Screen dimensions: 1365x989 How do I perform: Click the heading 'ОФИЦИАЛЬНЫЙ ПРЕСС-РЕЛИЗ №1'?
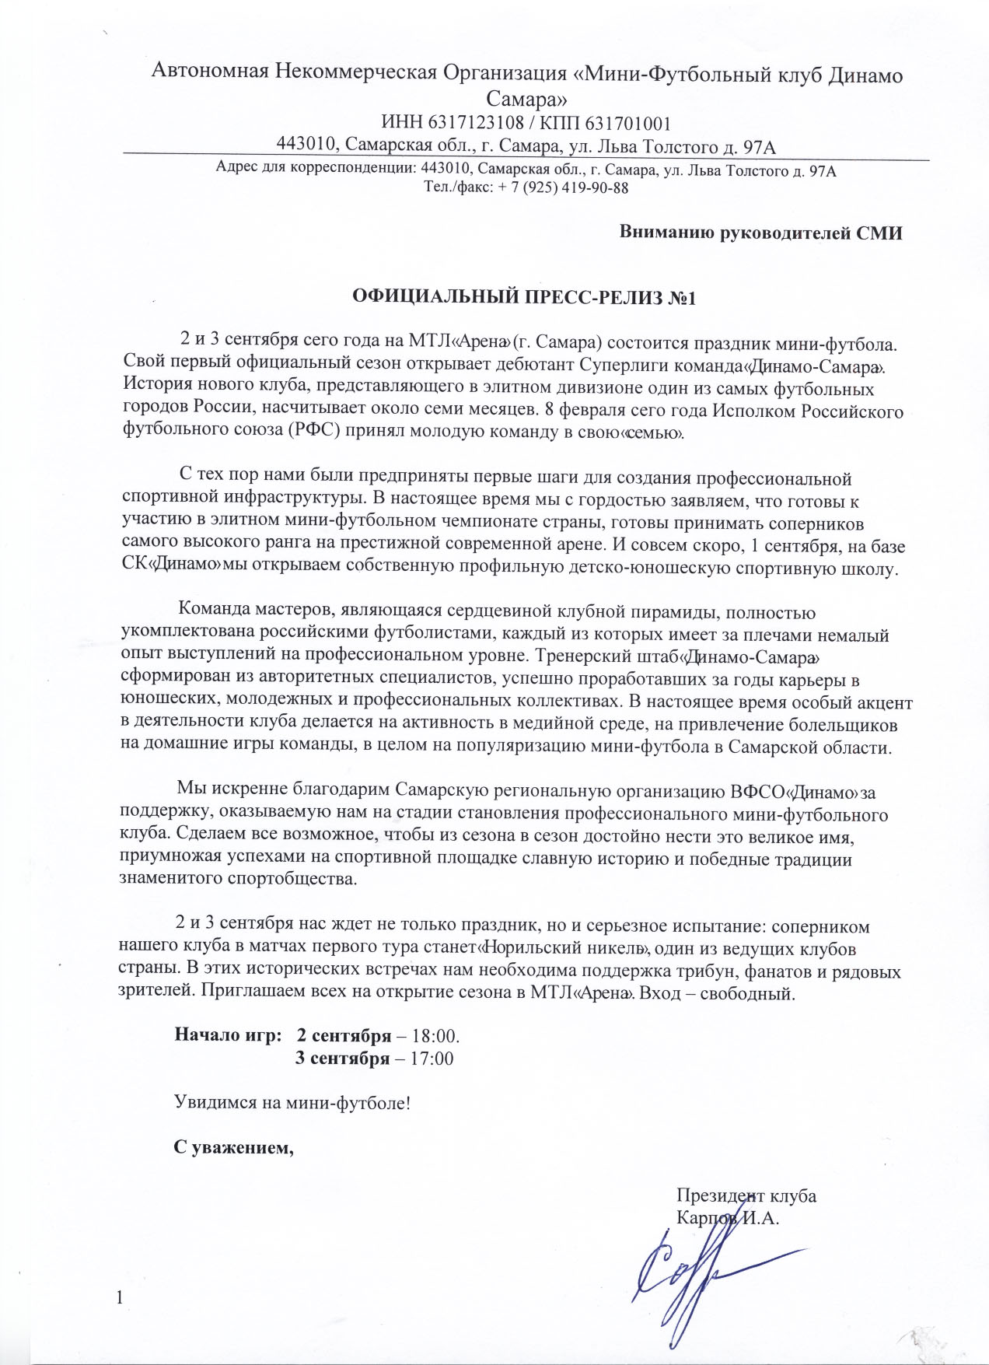pyautogui.click(x=523, y=297)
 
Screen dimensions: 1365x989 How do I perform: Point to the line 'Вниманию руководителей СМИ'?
pyautogui.click(x=760, y=233)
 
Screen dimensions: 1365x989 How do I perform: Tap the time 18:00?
pyautogui.click(x=434, y=1037)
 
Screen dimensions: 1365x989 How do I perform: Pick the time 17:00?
pyautogui.click(x=432, y=1059)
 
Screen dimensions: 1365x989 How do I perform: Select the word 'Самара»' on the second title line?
pyautogui.click(x=526, y=99)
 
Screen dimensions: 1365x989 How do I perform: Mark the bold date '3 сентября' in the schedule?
pyautogui.click(x=344, y=1059)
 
